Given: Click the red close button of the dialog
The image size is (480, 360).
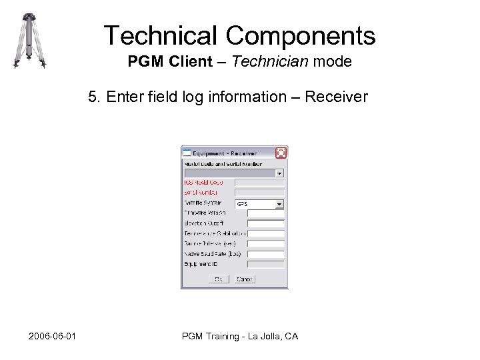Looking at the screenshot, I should point(281,153).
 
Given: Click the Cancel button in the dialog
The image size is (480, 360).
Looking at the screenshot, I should point(245,279).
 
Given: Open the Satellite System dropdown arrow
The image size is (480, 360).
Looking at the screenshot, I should point(280,204).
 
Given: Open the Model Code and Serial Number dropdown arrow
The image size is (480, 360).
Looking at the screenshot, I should point(280,173).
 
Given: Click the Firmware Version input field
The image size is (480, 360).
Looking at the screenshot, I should point(265,214).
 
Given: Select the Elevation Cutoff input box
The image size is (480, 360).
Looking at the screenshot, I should point(265,224).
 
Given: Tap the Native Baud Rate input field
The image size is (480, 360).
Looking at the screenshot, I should point(265,255).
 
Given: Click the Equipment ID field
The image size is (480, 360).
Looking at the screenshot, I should point(265,265).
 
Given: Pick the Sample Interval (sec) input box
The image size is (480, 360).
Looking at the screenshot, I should point(265,245).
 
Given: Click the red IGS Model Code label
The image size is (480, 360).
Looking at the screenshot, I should point(203,183).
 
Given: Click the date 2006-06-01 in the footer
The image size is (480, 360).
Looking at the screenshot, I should point(52,336).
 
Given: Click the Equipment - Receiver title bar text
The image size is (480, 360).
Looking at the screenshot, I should point(225,153).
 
